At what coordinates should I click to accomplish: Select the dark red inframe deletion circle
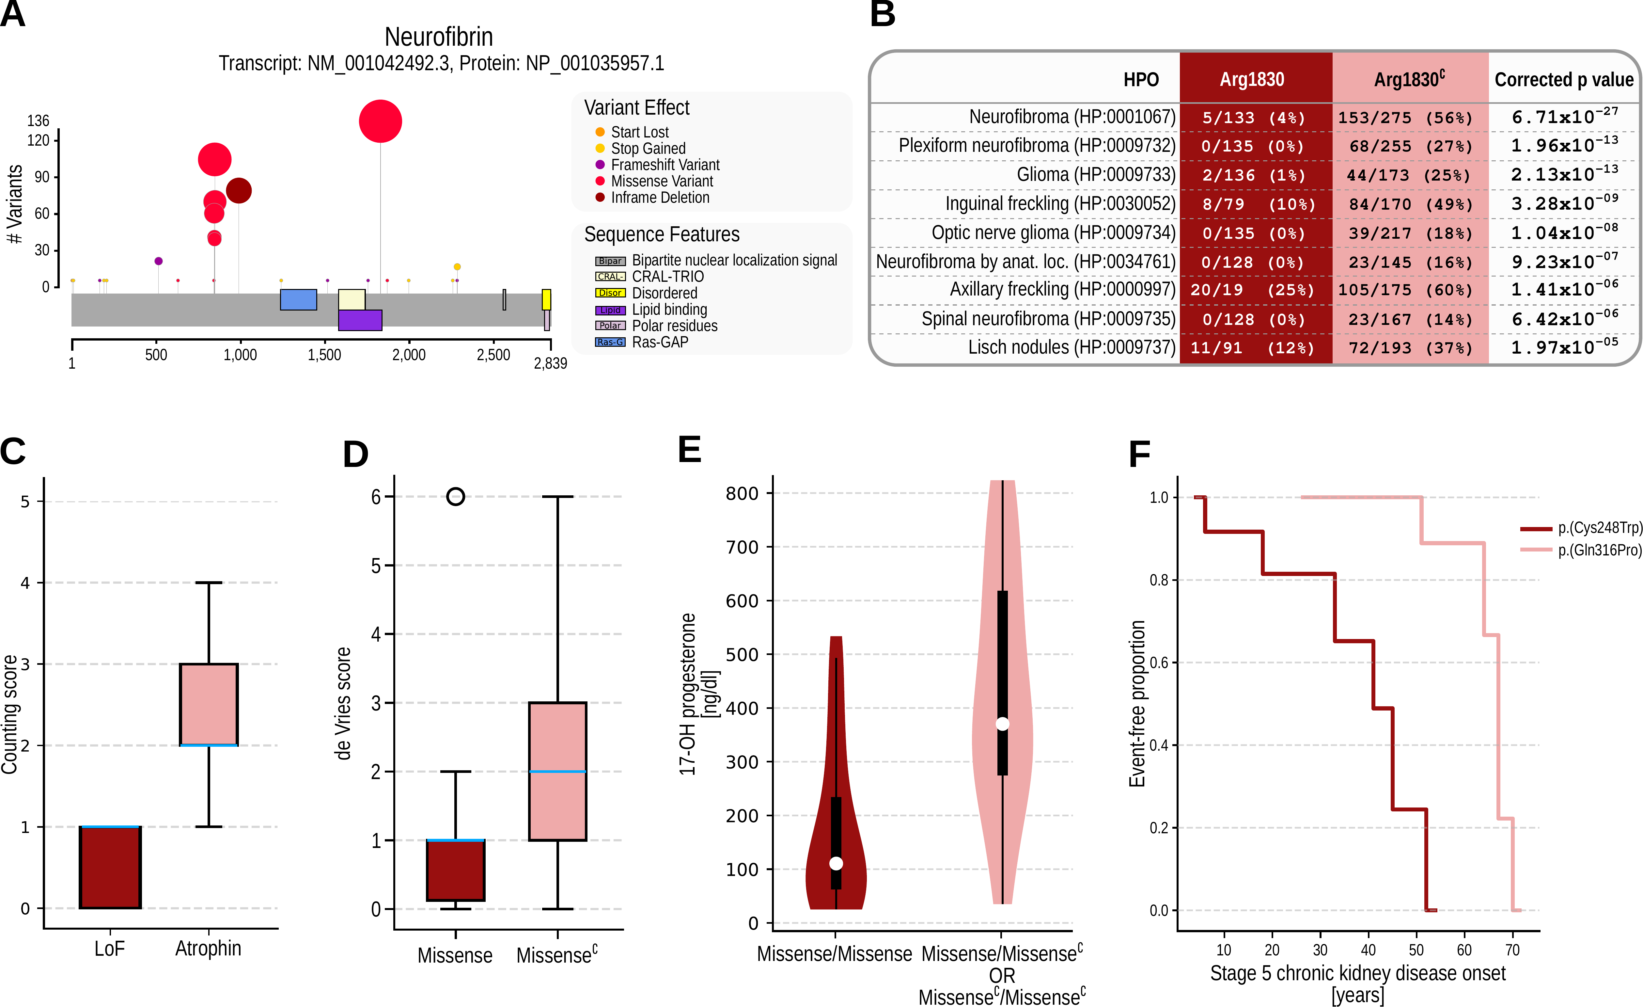tap(239, 191)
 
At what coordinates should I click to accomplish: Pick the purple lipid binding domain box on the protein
tap(360, 320)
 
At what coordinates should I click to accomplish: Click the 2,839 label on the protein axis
tap(550, 363)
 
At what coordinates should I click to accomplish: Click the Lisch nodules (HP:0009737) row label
tap(1072, 347)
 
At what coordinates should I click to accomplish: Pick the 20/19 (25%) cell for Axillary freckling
tap(1252, 290)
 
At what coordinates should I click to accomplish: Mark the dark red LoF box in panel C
tap(110, 867)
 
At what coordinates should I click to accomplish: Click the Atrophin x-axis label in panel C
tap(208, 948)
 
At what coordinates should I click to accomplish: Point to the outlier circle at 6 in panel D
tap(455, 496)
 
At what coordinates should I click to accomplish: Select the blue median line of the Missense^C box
tap(557, 772)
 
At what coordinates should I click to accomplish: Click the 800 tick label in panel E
tap(742, 493)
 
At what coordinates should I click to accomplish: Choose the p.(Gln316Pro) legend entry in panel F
tap(1599, 550)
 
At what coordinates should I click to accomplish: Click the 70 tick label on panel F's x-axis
tap(1512, 950)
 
